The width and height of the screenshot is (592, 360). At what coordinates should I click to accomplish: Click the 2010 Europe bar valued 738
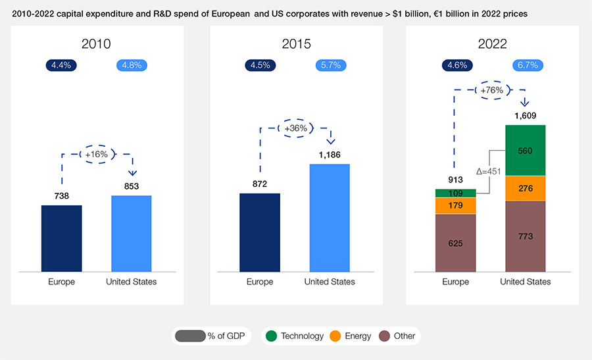click(x=61, y=238)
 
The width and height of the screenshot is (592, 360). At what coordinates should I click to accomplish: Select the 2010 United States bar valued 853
click(x=132, y=233)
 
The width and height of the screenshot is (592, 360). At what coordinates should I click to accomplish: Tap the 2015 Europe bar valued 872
click(x=260, y=232)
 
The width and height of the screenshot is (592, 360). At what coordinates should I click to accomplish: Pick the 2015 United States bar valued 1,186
click(x=330, y=217)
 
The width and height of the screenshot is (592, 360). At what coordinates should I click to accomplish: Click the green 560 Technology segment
click(x=525, y=150)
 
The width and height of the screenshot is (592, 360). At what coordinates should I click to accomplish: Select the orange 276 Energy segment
click(x=525, y=188)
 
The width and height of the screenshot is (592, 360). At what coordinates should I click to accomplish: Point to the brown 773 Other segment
click(x=525, y=236)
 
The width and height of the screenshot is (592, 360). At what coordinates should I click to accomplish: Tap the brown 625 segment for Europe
click(x=455, y=242)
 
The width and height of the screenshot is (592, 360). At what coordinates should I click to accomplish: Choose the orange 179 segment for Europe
click(x=455, y=206)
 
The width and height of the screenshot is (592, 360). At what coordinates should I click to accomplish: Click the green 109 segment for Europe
click(x=455, y=193)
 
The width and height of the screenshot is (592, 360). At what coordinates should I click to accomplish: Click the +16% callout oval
click(x=96, y=154)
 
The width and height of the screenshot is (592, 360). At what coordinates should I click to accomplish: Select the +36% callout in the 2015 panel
click(x=295, y=128)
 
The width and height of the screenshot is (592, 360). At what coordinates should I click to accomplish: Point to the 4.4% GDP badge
click(x=62, y=65)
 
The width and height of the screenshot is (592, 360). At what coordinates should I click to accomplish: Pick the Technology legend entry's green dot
click(x=271, y=336)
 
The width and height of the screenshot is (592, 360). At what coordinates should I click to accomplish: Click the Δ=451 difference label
click(x=488, y=172)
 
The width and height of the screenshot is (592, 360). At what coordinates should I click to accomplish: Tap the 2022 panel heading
click(x=492, y=44)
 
